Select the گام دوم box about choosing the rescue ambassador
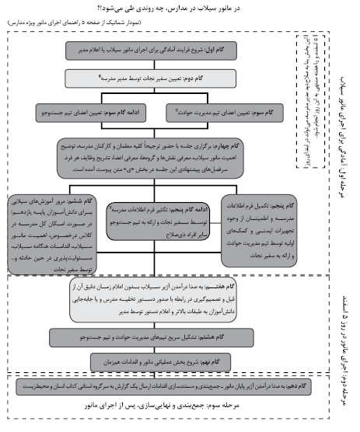coord(163,78)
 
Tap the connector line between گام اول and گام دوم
coord(163,64)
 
